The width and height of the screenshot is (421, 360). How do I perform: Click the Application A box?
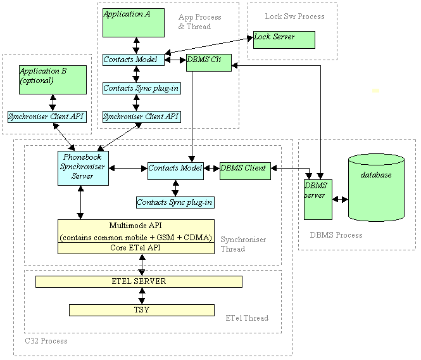click(x=133, y=23)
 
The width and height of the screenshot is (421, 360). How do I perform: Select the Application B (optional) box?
click(x=53, y=79)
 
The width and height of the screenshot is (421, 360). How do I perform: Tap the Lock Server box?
click(x=284, y=39)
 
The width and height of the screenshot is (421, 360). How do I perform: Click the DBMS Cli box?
click(x=208, y=62)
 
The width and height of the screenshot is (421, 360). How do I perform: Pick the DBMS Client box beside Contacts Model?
click(x=245, y=170)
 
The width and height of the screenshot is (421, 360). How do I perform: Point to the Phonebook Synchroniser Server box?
click(x=83, y=168)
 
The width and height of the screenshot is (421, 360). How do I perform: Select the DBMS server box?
click(x=318, y=199)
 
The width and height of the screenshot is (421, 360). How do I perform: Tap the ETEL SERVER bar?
click(x=139, y=281)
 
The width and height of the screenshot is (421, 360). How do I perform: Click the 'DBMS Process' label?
click(x=336, y=235)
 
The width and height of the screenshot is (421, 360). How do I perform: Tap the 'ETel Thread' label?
click(x=246, y=318)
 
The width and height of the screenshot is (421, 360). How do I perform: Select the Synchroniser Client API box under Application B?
click(x=46, y=117)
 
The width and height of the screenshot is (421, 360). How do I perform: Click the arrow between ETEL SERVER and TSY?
click(x=142, y=296)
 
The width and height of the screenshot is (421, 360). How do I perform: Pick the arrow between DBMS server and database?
click(x=341, y=199)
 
